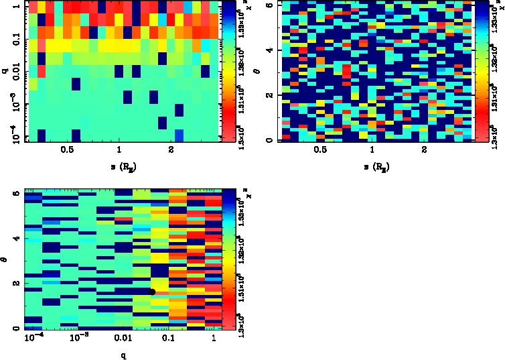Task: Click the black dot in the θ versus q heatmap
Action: pyautogui.click(x=153, y=292)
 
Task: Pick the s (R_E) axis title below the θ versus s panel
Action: pyautogui.click(x=371, y=165)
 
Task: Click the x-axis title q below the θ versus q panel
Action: pyautogui.click(x=123, y=354)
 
